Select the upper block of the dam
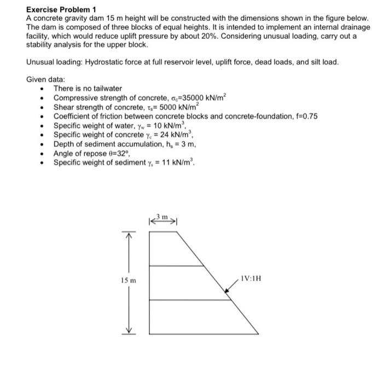coord(170,249)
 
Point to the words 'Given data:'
coord(45,79)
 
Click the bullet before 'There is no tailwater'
coord(43,89)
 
